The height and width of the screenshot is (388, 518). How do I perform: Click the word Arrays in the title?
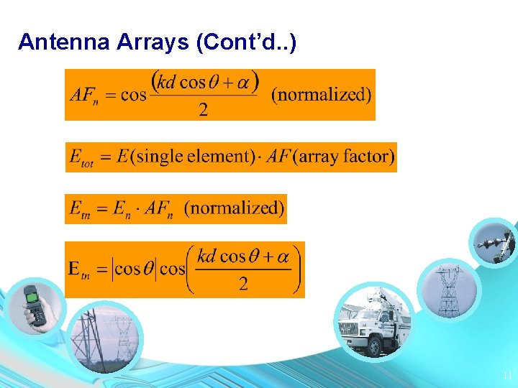pyautogui.click(x=150, y=42)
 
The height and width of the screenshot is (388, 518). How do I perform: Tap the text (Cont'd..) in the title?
pyautogui.click(x=245, y=42)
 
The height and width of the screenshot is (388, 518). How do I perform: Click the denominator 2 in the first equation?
pyautogui.click(x=203, y=109)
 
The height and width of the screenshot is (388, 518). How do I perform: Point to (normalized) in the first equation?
pyautogui.click(x=322, y=95)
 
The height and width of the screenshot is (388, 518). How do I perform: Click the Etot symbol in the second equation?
pyautogui.click(x=81, y=157)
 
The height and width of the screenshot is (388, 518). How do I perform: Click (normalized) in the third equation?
pyautogui.click(x=235, y=208)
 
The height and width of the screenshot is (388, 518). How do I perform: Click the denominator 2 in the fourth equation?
pyautogui.click(x=243, y=284)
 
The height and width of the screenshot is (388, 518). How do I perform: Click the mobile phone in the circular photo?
pyautogui.click(x=33, y=303)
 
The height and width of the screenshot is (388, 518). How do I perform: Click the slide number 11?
pyautogui.click(x=506, y=375)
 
